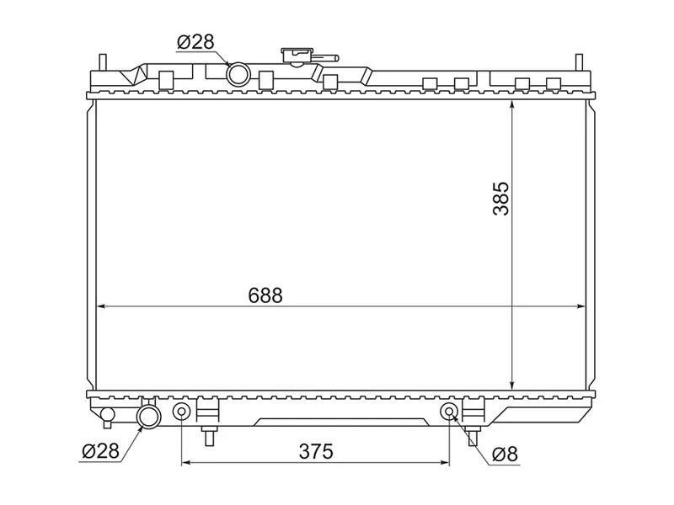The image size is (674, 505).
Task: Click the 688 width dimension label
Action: tap(265, 295)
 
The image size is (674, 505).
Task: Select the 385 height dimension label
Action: tap(501, 199)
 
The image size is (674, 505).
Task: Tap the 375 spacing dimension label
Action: tap(316, 451)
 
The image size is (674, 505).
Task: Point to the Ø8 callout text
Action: tap(505, 454)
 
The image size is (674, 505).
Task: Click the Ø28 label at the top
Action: tap(195, 41)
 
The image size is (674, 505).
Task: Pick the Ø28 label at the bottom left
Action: tap(100, 451)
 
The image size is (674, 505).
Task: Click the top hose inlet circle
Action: tap(238, 74)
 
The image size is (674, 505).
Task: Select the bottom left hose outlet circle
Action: tap(149, 416)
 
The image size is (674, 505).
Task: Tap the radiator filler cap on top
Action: tap(296, 56)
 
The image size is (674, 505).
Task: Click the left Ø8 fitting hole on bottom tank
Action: tap(181, 412)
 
